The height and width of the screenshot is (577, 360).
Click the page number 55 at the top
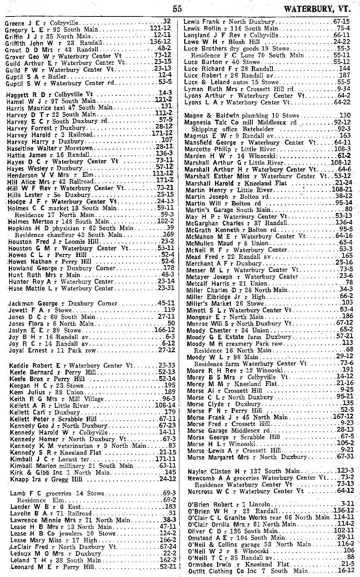177,8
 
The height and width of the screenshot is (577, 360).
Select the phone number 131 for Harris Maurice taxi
167,107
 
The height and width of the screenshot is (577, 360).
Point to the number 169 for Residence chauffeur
168,234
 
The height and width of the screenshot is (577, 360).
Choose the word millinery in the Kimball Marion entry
72,466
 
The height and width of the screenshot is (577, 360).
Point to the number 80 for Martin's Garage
348,209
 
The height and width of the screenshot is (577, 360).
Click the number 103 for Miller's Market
347,303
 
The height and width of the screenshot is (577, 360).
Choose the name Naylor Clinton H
215,471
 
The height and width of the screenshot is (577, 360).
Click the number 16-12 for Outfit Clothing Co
346,571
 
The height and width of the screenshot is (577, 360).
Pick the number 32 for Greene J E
167,22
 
